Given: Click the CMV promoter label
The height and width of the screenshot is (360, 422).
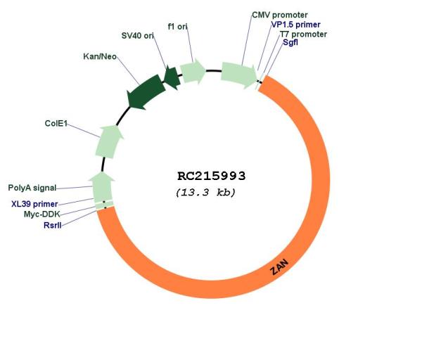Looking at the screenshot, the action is pos(280,15).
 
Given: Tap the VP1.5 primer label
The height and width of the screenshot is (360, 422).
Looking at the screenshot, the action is pos(296,25).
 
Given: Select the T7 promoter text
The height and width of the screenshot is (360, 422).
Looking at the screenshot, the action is pos(304,34).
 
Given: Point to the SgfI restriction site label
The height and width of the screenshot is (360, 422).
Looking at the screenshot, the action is pos(290,42).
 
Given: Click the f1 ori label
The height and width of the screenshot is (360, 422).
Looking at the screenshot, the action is pos(178,27).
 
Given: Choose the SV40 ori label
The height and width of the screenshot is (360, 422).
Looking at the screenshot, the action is pos(138,36).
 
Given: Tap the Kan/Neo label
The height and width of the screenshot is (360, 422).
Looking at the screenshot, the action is pos(100,56).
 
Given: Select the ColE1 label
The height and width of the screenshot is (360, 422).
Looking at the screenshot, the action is pos(56,123).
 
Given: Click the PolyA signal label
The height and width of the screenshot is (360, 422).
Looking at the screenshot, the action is pos(32,188).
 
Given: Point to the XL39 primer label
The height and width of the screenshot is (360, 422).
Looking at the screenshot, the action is pos(34,204).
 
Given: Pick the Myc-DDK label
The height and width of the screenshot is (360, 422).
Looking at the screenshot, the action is pos(42,214).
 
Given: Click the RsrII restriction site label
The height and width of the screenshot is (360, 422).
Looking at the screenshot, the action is pos(53,225).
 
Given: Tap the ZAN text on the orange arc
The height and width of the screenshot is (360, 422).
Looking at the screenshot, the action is pos(279,267).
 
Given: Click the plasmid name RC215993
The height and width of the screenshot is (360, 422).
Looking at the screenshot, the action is pos(212,176).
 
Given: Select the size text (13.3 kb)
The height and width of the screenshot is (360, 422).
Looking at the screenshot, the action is pos(205,193).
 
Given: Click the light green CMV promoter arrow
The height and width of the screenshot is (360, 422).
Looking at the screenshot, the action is pos(238,75).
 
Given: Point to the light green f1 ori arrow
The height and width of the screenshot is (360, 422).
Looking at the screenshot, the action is pos(193,71).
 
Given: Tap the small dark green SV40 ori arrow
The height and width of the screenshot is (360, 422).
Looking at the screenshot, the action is pos(172,77).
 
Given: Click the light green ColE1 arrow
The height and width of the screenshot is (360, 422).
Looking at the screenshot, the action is pos(109,141).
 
